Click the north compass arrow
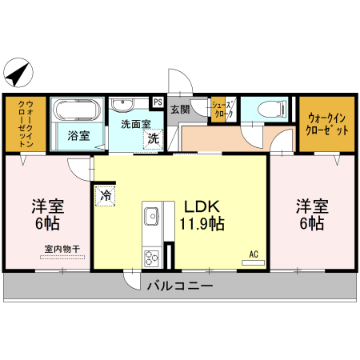pyautogui.click(x=17, y=74)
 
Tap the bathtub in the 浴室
pyautogui.click(x=77, y=110)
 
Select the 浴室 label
pyautogui.click(x=78, y=136)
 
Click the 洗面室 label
pyautogui.click(x=134, y=124)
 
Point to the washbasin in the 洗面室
pyautogui.click(x=123, y=104)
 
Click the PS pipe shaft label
pyautogui.click(x=158, y=102)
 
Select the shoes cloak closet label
pyautogui.click(x=222, y=109)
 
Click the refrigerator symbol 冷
pyautogui.click(x=106, y=194)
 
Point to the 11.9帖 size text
pyautogui.click(x=202, y=224)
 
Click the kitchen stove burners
pyautogui.click(x=150, y=258)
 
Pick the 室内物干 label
pyautogui.click(x=62, y=250)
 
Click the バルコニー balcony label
pyautogui.click(x=179, y=285)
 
